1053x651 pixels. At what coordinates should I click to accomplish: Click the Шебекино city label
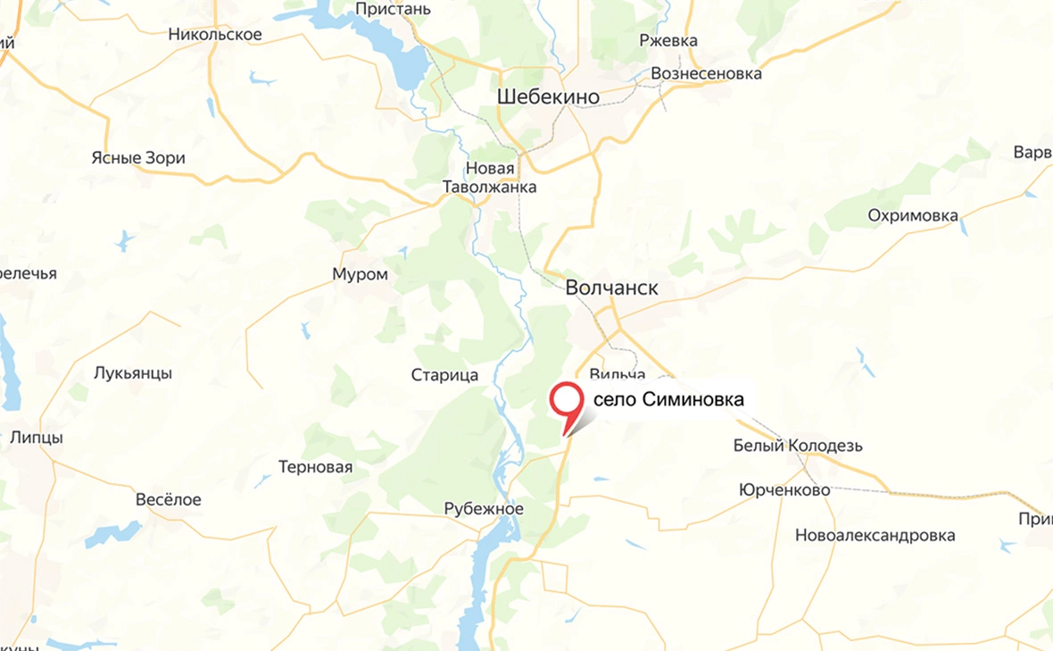[548, 97]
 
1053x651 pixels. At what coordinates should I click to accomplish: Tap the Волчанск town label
[612, 288]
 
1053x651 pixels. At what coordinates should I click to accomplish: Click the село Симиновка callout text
[668, 400]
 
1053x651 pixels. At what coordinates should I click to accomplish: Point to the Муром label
[360, 274]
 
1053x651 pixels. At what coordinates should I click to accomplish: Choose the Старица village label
[444, 375]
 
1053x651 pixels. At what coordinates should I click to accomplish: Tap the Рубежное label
[484, 508]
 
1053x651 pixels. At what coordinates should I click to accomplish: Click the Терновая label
[315, 467]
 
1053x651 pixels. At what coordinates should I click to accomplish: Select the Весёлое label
[168, 499]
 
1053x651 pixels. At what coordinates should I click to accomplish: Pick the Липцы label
[37, 438]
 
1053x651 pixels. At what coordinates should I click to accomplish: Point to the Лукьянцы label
[133, 373]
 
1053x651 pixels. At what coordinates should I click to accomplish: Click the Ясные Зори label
[138, 158]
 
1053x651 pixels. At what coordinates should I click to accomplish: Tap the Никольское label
[215, 35]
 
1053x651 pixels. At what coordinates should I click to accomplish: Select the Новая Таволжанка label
[490, 178]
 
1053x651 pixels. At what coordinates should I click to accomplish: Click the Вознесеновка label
[707, 73]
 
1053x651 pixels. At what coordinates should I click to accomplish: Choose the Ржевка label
[668, 40]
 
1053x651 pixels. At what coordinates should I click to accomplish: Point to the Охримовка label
[913, 215]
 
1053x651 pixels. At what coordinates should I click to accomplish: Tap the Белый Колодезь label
[798, 446]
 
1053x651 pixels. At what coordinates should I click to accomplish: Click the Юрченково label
[784, 490]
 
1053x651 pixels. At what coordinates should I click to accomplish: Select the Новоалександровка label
[875, 535]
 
